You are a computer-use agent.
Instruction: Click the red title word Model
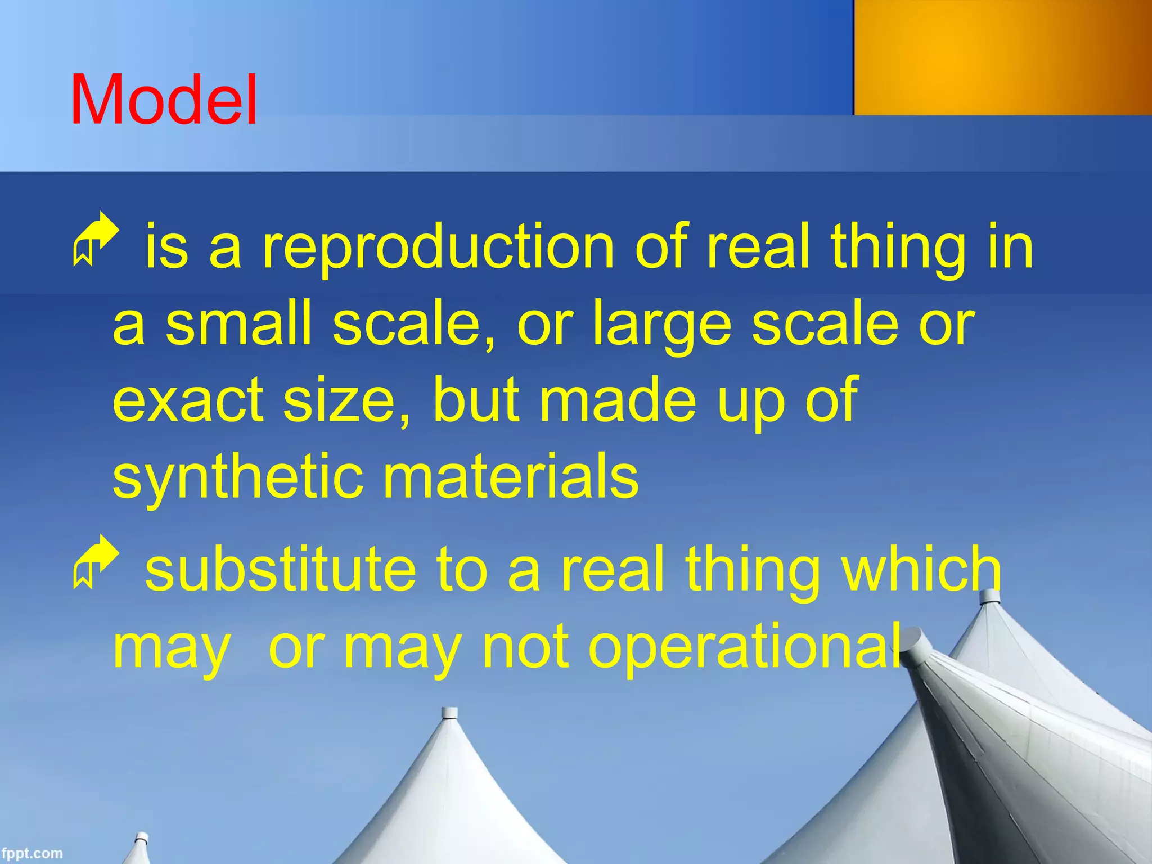(x=164, y=100)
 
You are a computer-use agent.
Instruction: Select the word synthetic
(x=237, y=477)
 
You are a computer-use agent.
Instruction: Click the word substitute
(x=281, y=570)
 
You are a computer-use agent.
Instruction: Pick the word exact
(x=188, y=400)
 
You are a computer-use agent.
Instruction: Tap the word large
(x=663, y=324)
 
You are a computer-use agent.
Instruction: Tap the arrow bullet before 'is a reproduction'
(x=96, y=238)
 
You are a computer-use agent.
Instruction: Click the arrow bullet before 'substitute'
(x=96, y=561)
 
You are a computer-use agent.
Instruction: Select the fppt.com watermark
(x=31, y=853)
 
